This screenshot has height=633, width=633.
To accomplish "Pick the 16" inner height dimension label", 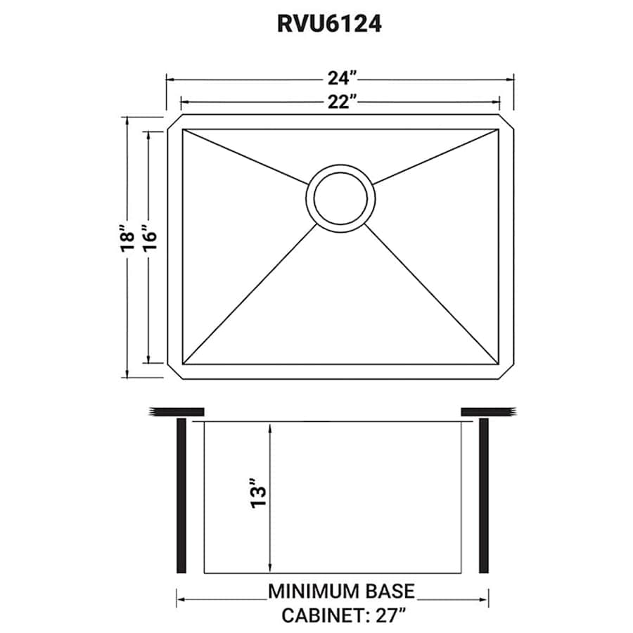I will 148,240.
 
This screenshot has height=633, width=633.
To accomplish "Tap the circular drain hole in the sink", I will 340,196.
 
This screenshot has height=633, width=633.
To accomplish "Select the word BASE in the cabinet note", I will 389,592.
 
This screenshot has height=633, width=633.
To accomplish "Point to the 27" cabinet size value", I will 388,615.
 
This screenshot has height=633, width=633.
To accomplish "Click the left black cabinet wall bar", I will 181,496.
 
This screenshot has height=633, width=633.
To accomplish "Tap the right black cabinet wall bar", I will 483,496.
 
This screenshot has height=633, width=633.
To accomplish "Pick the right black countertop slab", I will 488,411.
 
